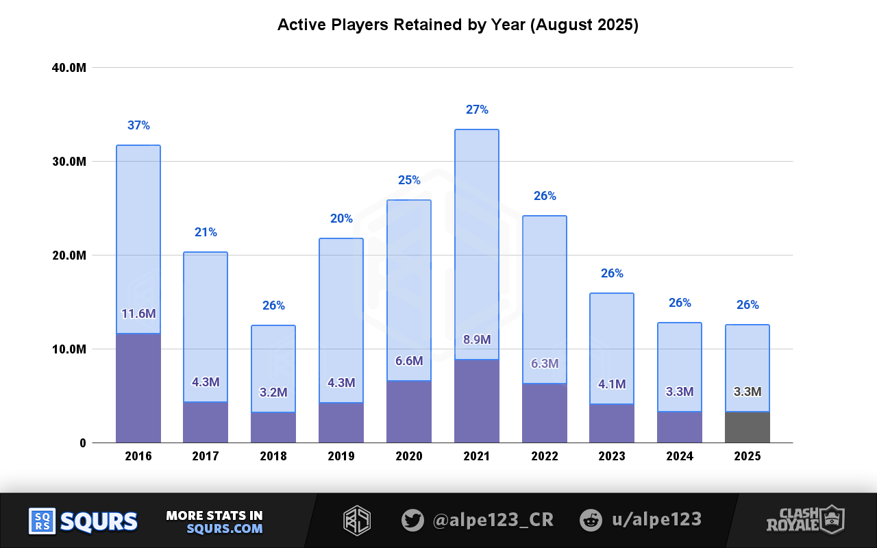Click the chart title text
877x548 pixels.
[x=458, y=25]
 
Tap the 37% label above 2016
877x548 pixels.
[x=138, y=125]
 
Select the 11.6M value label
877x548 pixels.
[x=138, y=314]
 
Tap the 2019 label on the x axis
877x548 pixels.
[x=341, y=456]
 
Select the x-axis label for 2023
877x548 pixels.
[x=611, y=456]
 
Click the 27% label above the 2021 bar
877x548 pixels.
[x=477, y=110]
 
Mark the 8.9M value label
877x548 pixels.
[x=477, y=340]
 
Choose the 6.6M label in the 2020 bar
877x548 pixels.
[x=409, y=361]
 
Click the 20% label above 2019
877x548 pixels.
[x=341, y=219]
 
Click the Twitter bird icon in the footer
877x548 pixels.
[x=412, y=520]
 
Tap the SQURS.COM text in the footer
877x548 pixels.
[x=224, y=529]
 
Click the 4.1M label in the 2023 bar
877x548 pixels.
[x=612, y=384]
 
